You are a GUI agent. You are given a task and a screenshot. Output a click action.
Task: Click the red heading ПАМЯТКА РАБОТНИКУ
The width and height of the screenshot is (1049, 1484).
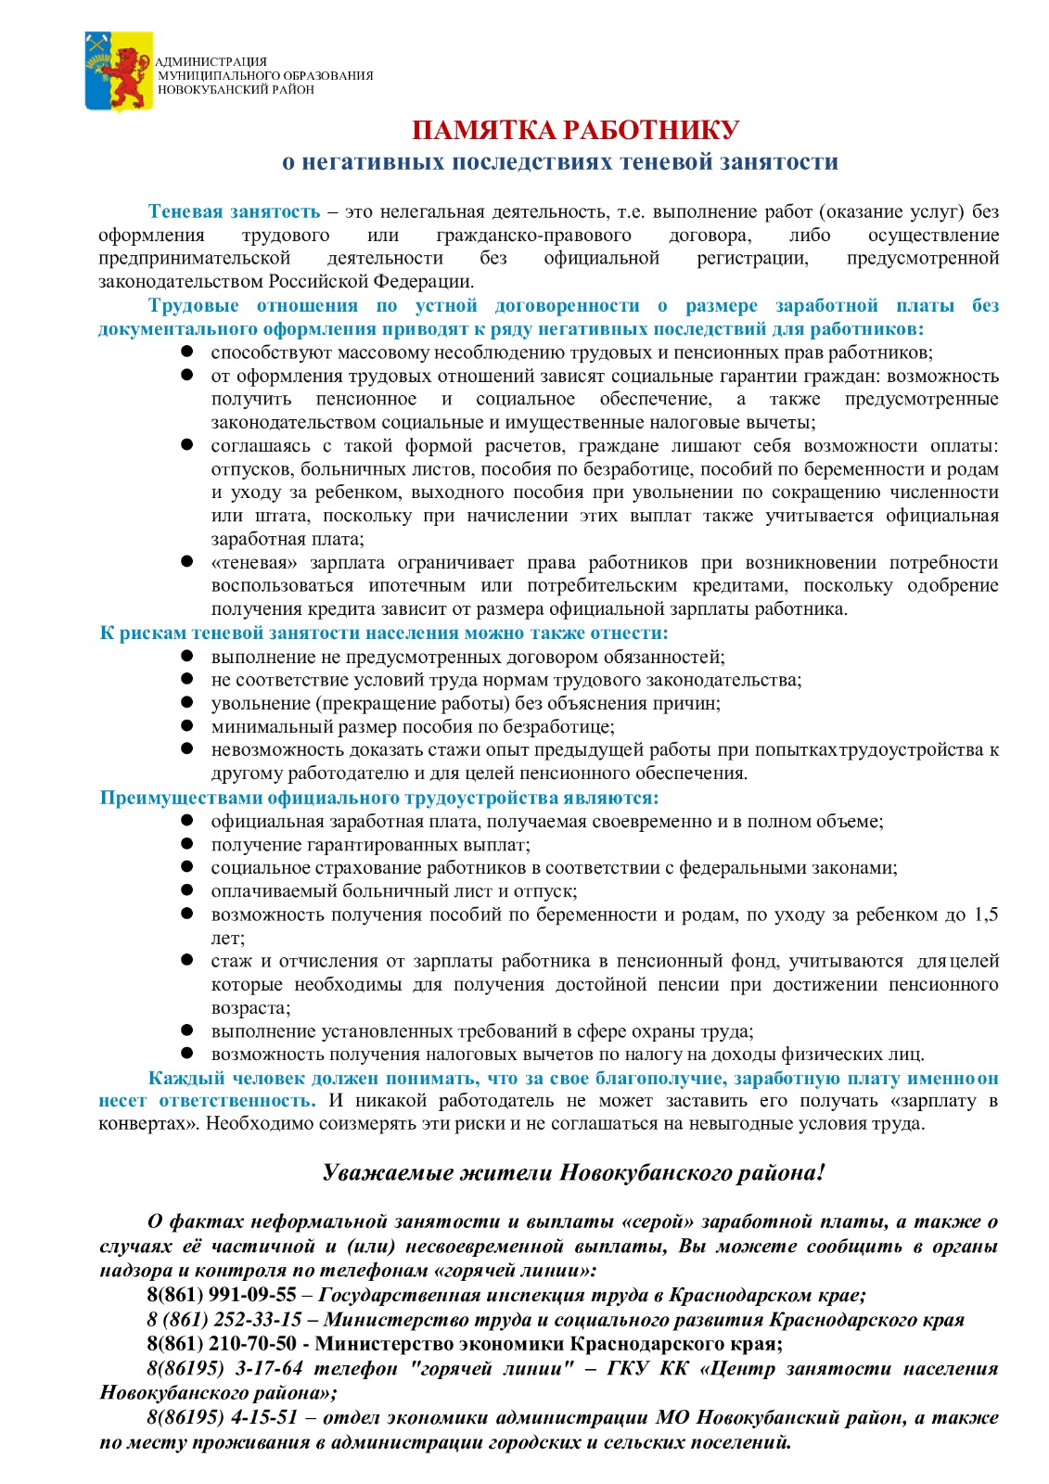click(575, 130)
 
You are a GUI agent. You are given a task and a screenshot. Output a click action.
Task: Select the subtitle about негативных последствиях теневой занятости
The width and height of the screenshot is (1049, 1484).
click(560, 161)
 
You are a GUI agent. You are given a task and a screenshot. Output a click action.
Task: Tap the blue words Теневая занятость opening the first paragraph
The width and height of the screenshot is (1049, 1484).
click(234, 211)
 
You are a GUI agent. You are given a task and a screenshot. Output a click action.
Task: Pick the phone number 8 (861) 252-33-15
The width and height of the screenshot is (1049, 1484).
click(224, 1319)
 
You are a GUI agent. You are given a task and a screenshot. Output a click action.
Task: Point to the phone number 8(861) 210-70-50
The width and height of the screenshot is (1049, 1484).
click(222, 1343)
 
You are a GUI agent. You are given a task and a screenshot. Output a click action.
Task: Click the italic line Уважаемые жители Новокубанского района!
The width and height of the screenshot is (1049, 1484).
click(573, 1172)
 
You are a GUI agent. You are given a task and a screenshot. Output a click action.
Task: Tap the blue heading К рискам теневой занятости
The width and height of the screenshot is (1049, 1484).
click(384, 633)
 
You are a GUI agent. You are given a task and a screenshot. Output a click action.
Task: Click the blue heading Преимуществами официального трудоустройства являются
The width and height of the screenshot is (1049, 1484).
click(379, 798)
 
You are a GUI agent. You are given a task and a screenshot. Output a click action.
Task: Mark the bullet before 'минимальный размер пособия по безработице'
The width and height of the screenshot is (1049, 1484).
click(187, 726)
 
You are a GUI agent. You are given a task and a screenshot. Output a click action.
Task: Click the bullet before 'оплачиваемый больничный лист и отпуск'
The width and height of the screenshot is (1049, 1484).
click(187, 890)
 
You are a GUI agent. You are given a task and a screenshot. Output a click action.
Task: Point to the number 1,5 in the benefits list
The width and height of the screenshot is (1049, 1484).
click(986, 915)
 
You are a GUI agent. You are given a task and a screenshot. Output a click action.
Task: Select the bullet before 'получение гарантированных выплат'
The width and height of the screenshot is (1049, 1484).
click(187, 844)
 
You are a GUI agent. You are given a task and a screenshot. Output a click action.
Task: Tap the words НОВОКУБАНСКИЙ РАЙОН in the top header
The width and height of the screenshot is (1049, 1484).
click(236, 90)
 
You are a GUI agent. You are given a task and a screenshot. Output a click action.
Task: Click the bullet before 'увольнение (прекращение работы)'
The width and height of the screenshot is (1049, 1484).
click(187, 703)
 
